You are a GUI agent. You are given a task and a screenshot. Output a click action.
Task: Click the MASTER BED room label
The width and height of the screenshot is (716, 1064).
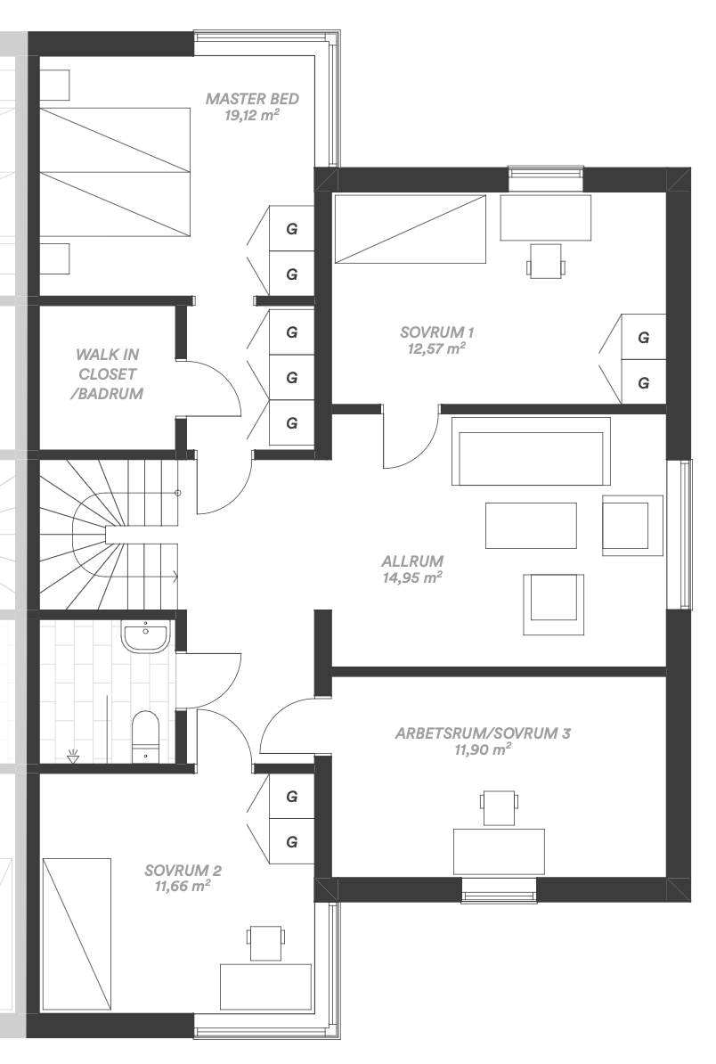(x=252, y=98)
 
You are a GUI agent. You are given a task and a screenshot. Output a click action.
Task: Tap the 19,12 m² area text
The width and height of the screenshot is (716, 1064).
(x=252, y=115)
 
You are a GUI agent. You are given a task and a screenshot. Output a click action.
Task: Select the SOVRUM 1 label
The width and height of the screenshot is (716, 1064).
(x=436, y=331)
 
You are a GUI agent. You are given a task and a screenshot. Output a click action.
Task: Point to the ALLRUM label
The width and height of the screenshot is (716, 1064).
(x=412, y=561)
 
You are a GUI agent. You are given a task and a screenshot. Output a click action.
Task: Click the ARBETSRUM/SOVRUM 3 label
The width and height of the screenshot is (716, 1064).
(x=483, y=733)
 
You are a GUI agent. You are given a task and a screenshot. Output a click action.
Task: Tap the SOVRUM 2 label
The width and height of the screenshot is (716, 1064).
(x=183, y=871)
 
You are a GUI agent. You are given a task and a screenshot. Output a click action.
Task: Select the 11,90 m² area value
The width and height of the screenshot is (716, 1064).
(x=483, y=749)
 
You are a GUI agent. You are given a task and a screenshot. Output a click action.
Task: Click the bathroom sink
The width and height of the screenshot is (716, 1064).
(x=144, y=636)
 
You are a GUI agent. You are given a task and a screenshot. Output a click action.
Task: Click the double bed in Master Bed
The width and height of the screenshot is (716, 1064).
(x=114, y=172)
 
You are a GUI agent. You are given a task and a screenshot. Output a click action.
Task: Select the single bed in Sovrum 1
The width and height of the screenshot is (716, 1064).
(x=411, y=229)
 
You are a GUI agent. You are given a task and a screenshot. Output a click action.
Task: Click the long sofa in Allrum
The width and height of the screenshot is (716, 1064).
(x=531, y=451)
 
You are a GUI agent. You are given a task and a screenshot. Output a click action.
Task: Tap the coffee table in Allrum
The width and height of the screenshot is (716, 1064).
(x=531, y=525)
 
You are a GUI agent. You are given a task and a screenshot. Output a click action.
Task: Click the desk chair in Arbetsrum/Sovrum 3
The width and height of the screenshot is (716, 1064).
(x=499, y=808)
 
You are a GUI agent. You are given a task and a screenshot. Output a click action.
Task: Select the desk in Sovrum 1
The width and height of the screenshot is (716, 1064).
(x=545, y=217)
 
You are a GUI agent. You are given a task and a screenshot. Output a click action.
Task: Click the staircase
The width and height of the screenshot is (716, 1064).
(x=109, y=534)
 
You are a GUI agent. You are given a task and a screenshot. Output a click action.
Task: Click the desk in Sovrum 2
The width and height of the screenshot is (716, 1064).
(x=265, y=987)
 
